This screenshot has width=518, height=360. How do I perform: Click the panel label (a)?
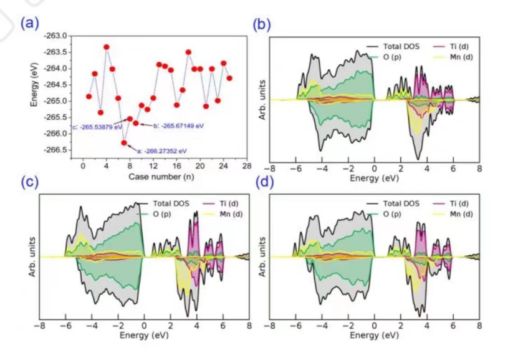[x=29, y=24]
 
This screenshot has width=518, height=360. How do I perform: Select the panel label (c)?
[x=29, y=182]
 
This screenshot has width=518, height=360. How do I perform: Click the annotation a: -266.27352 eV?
[x=165, y=151]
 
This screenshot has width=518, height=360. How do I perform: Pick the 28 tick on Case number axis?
[x=247, y=167]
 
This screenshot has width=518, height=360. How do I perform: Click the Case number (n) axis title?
[x=165, y=177]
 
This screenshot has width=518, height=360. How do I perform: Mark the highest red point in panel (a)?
[x=107, y=47]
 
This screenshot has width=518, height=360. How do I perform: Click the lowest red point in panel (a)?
[x=124, y=142]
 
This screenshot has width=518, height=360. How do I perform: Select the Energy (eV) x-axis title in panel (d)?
[x=374, y=336]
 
